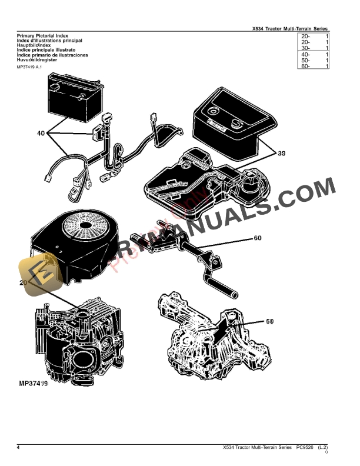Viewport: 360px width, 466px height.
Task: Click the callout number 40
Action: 41,134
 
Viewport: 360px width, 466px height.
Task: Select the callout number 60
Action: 258,238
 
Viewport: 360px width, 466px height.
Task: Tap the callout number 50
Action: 270,322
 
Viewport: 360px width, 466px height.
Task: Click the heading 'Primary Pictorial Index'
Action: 43,36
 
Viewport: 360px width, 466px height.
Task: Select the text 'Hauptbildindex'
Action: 31,45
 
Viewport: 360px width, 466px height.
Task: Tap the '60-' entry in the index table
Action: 305,66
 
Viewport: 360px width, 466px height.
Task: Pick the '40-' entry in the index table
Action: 305,54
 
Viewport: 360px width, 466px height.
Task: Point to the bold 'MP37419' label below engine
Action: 29,384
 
